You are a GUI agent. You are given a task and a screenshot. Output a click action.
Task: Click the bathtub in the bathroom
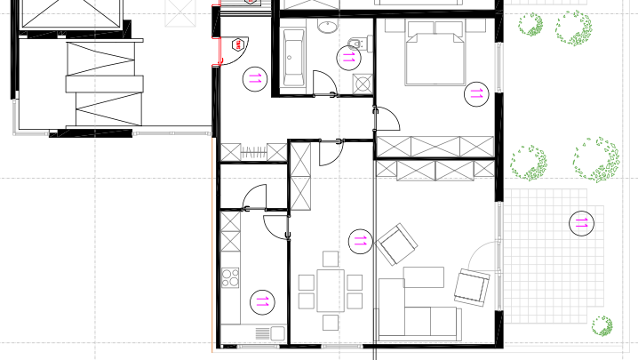[294, 57]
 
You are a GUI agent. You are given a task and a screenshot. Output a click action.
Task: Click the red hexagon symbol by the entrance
[237, 43]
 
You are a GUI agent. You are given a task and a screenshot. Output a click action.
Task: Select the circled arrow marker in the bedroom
[476, 92]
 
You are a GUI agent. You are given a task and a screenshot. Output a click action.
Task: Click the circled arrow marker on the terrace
[583, 223]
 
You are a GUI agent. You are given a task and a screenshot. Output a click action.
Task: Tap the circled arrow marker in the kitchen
[263, 302]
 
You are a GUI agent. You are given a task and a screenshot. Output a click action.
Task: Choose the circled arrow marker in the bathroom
[347, 59]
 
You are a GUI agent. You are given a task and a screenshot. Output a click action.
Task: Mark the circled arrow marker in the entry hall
[255, 78]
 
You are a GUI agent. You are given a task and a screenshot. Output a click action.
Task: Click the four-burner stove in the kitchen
[230, 276]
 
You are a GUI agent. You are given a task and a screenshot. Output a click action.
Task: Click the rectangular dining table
[331, 290]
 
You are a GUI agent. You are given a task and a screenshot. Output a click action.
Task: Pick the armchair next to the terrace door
[472, 287]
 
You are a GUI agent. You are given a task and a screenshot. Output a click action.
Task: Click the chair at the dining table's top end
[331, 259]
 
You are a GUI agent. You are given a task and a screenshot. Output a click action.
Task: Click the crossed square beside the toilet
[362, 84]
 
